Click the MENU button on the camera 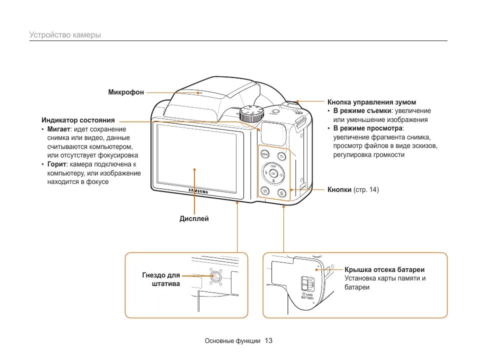point(265,154)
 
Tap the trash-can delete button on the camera point(281,192)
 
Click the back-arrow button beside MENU point(281,156)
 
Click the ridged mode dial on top point(250,114)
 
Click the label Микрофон point(126,92)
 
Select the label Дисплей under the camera point(194,218)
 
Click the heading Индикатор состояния point(78,120)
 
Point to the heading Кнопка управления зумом point(371,102)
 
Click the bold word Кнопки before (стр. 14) point(339,190)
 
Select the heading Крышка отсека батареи point(384,269)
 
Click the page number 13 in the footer point(268,341)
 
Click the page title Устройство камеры point(65,35)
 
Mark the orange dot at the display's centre point(194,169)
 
